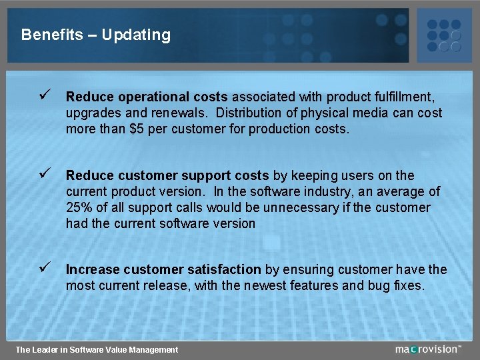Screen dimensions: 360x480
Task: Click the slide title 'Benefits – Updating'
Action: coord(95,35)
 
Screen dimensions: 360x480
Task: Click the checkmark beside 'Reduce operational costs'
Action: coord(44,97)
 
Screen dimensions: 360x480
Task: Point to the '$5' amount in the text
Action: coord(137,129)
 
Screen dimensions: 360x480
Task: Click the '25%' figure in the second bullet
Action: coord(79,207)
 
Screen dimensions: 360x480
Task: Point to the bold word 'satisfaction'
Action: coord(224,269)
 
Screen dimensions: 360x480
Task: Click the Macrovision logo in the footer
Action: coord(427,349)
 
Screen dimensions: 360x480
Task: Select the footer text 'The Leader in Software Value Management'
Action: coord(97,349)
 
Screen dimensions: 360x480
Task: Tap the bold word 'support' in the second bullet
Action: coord(208,175)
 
